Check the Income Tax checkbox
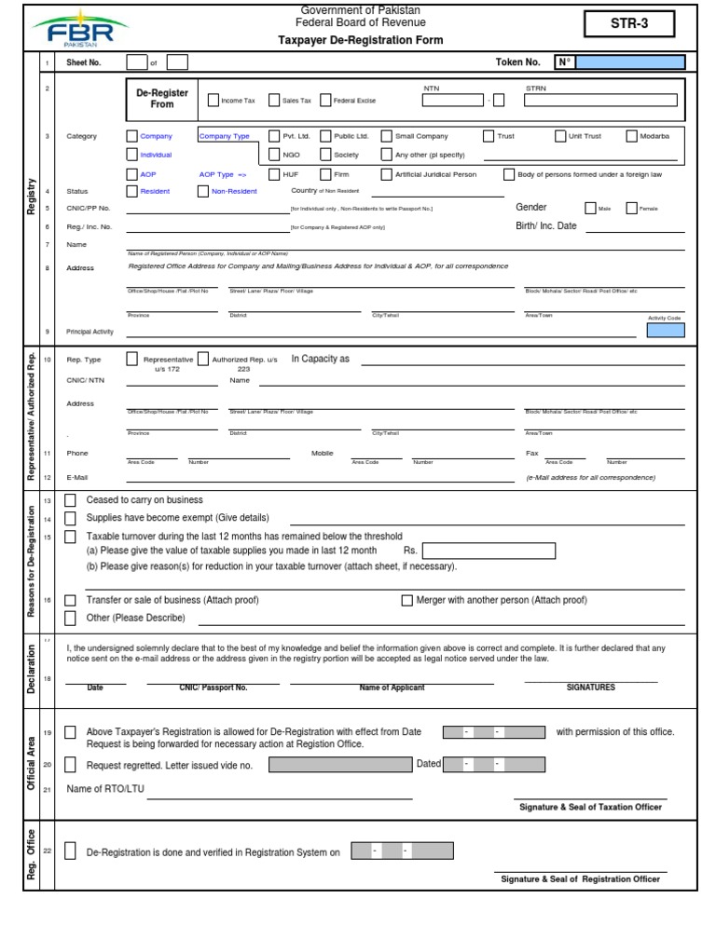[213, 100]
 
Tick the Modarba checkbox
[631, 136]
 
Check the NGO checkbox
[274, 155]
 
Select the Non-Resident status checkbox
[203, 191]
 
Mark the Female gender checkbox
[631, 209]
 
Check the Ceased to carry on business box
[71, 500]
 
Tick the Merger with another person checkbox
[406, 600]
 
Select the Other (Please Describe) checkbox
[71, 618]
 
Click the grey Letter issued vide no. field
[340, 765]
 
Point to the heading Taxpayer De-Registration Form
[362, 41]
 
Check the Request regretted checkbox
[71, 765]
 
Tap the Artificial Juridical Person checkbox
[387, 173]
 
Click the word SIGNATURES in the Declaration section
[590, 688]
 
